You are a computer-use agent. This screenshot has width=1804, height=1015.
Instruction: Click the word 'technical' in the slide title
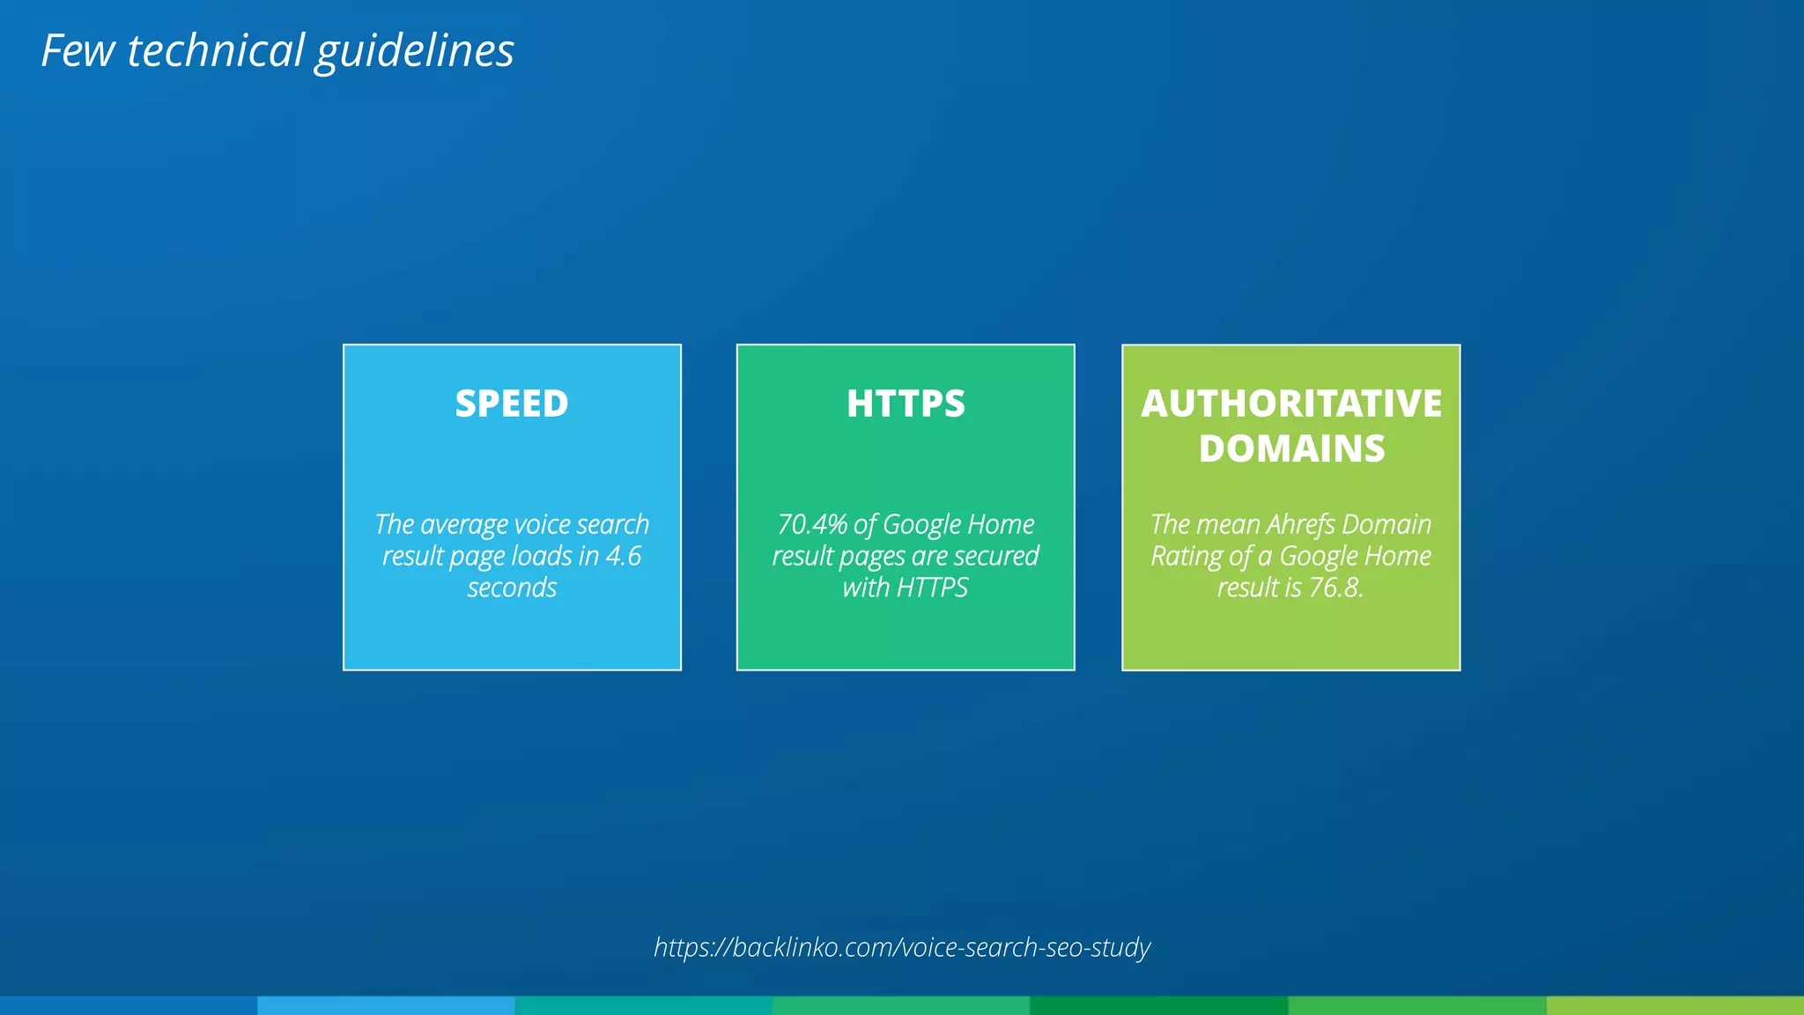point(216,50)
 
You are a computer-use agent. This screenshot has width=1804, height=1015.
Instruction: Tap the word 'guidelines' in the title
point(414,52)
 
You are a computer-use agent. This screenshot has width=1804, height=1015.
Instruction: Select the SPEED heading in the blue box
point(512,404)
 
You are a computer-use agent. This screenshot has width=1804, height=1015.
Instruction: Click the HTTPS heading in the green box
point(906,404)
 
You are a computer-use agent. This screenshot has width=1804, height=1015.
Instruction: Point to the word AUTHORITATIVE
point(1291,404)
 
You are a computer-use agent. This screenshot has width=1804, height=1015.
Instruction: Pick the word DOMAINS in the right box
point(1291,448)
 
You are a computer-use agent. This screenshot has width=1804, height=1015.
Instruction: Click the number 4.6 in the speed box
point(624,556)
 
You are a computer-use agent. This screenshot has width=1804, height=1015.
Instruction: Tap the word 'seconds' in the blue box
point(512,588)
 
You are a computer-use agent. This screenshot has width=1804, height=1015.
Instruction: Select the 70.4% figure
point(812,524)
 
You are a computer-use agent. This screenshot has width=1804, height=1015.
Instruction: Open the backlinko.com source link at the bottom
point(902,947)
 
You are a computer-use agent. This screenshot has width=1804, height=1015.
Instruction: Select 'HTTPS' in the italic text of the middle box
point(932,588)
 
